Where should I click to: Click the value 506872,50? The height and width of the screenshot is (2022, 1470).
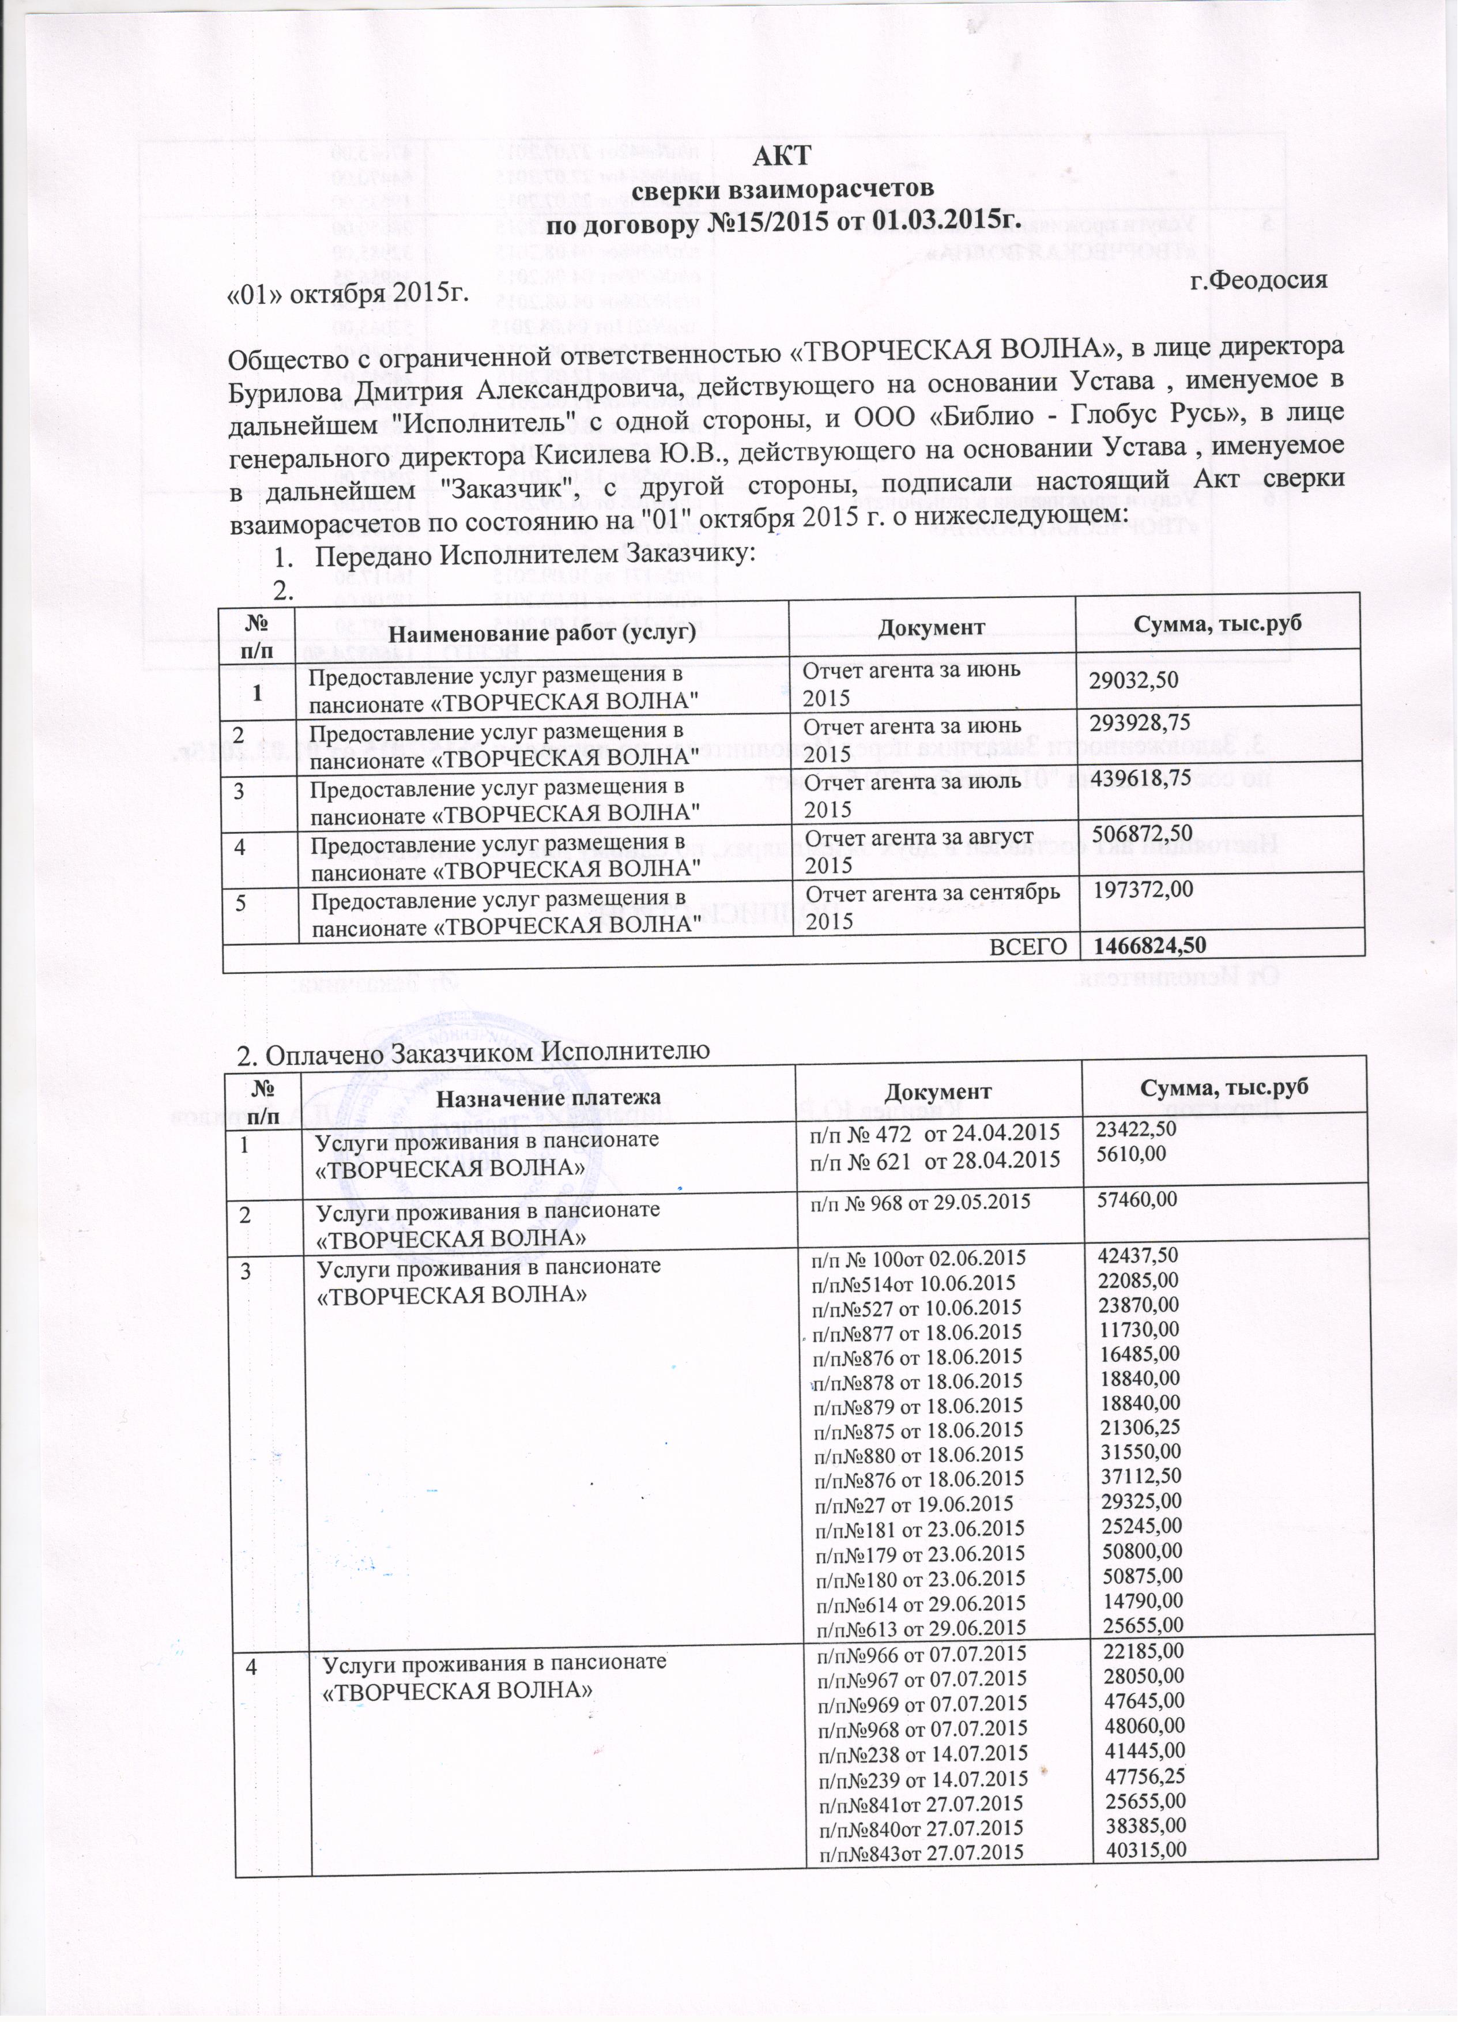pos(1139,834)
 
